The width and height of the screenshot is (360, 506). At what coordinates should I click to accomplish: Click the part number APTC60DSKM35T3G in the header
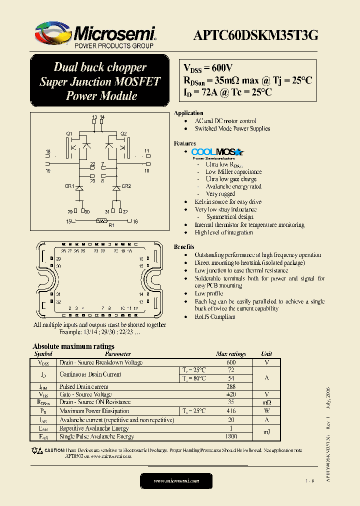[255, 35]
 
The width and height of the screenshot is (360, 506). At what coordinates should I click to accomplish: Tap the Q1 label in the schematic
[69, 133]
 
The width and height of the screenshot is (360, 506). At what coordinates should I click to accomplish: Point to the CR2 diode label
[126, 186]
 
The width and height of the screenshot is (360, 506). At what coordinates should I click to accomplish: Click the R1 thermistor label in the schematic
[111, 225]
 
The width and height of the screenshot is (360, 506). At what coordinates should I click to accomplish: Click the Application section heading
[188, 113]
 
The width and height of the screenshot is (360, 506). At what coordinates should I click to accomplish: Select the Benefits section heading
[184, 247]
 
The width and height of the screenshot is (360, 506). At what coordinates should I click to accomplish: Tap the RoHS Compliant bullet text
[215, 317]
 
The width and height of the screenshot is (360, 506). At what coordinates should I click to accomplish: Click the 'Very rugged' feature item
[220, 194]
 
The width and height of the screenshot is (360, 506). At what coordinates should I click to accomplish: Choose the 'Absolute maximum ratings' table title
[73, 346]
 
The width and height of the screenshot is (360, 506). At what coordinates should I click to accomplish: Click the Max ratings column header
[230, 354]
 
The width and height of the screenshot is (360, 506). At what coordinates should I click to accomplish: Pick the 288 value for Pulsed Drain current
[230, 387]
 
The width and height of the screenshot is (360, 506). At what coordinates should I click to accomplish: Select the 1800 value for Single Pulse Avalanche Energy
[230, 436]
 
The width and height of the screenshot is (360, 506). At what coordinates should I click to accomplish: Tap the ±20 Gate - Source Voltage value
[230, 394]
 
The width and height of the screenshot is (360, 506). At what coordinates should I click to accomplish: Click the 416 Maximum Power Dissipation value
[230, 411]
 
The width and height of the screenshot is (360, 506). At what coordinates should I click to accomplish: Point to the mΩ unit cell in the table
[266, 402]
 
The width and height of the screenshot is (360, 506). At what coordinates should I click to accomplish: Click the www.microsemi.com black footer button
[176, 481]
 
